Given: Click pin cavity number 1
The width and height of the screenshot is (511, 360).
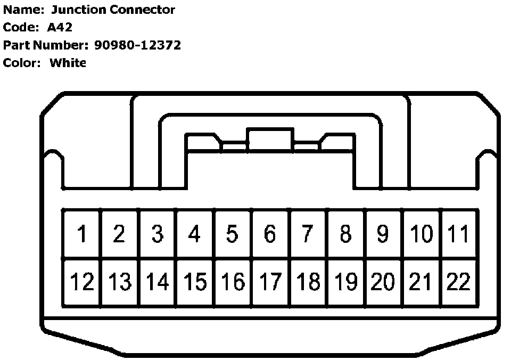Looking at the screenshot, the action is coord(82,234).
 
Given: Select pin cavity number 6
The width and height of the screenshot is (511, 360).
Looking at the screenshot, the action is coord(270,234).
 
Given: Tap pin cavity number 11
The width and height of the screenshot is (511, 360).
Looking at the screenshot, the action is coord(458,234).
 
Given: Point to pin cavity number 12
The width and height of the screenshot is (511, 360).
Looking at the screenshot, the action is coord(82,282).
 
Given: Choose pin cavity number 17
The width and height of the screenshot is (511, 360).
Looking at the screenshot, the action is coord(270,282).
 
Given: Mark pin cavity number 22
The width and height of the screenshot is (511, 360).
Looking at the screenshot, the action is coord(458,282).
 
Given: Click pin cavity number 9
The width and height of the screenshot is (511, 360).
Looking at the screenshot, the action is coord(383,234).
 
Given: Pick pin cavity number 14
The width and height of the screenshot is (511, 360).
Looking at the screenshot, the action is coord(157,282).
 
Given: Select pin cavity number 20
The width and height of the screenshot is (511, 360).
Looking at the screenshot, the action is coord(383,282).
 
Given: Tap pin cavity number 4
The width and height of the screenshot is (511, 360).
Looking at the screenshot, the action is coord(195,234).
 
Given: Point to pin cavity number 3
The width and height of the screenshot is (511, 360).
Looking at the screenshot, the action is coord(157,234).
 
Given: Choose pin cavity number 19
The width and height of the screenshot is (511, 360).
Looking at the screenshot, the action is coord(345,282).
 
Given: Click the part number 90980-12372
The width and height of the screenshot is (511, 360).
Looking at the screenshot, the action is coord(137,45).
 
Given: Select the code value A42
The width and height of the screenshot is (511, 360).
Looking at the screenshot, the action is coord(60,28).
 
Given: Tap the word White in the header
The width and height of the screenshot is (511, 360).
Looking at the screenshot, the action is coord(68,63).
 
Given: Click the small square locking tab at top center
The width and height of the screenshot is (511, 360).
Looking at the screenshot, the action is coord(270,139).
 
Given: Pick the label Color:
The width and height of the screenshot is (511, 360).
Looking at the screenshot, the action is coord(22,63).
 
